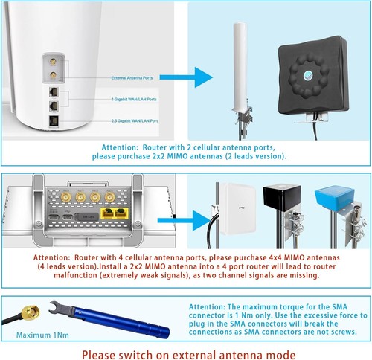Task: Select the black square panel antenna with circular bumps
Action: click(313, 79)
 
